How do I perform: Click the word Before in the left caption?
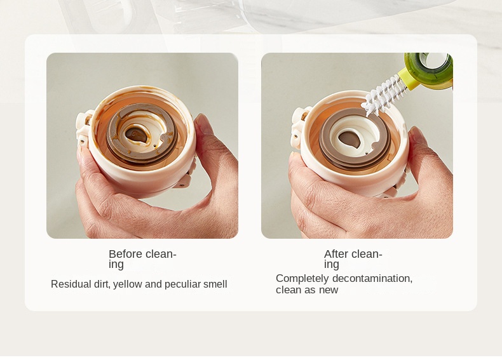point(126,254)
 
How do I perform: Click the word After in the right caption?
point(336,254)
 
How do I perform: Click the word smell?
point(215,284)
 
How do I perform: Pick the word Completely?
point(302,279)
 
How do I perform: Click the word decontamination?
point(372,278)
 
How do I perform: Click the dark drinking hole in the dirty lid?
point(136,135)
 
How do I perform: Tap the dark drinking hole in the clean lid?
point(349,139)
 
